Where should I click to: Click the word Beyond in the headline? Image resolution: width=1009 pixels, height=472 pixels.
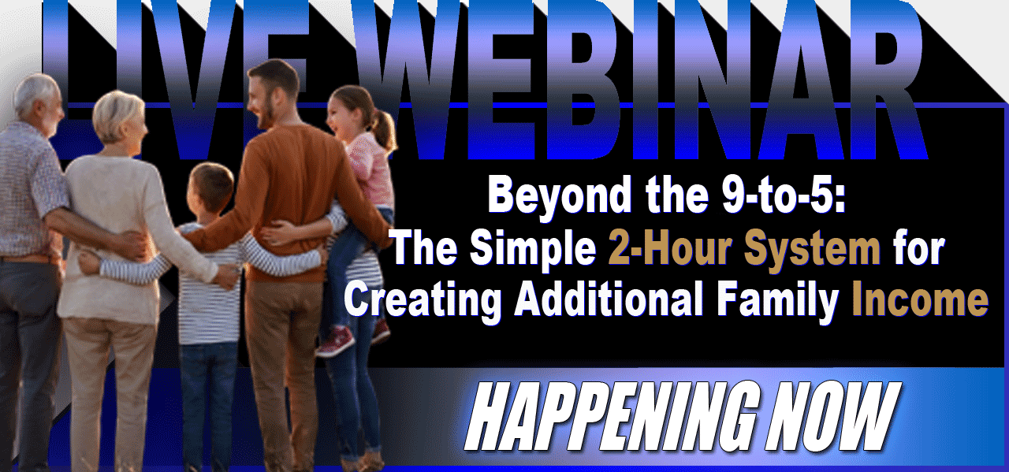coord(560,195)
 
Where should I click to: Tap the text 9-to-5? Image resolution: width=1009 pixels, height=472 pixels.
coord(784,195)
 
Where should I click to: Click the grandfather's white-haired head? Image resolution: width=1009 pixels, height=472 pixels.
coord(39,102)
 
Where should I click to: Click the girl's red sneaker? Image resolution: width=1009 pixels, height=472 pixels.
coord(336,342)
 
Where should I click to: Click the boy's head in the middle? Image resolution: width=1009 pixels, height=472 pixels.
coord(210,188)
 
